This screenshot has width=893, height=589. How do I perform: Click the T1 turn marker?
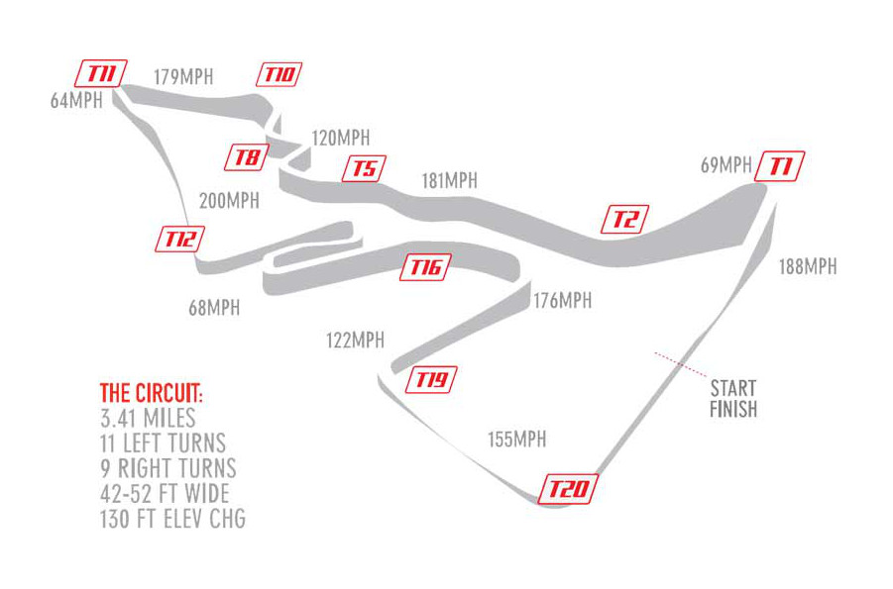pos(780,166)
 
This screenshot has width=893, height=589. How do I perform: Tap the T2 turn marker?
pos(625,219)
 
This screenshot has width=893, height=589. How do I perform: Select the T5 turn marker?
pos(364,168)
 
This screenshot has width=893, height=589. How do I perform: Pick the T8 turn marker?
pos(247,156)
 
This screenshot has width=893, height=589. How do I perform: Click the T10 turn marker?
pos(279,74)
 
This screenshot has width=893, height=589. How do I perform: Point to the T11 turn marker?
pos(101,73)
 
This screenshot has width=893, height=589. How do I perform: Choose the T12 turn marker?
pos(181,238)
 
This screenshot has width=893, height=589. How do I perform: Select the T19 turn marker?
pos(433,379)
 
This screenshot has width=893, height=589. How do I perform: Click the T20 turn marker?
pos(569,490)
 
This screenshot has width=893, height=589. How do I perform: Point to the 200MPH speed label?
pos(229,201)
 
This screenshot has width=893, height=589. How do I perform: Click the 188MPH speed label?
pos(807,266)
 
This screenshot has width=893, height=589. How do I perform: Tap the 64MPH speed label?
pos(76,100)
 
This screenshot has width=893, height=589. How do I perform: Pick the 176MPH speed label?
pos(562,300)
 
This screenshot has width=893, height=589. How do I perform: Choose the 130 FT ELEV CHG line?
pos(172,519)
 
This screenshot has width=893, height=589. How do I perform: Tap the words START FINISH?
pos(733,398)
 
